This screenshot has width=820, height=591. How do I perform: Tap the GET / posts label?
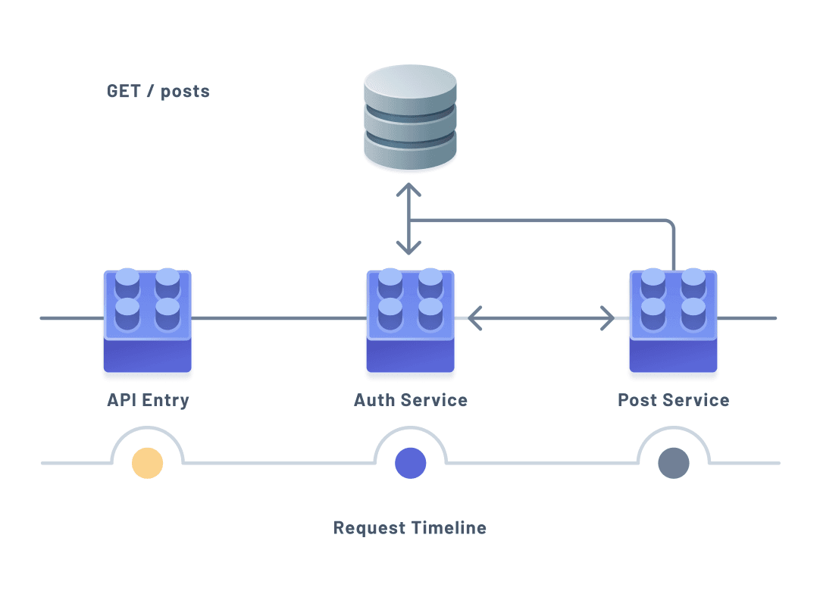158,92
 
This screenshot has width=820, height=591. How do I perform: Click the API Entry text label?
148,400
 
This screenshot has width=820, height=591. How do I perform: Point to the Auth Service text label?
410,400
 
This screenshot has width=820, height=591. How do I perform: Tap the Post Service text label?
673,400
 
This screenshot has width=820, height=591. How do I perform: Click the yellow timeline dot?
147,463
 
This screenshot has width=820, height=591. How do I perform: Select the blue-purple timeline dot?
410,463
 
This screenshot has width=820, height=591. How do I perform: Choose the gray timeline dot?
673,463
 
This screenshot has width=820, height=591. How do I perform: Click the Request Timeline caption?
410,528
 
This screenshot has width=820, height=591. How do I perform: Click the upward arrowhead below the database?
409,189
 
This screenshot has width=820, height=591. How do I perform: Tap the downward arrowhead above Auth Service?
409,248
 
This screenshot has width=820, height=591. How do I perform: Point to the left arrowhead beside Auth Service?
473,318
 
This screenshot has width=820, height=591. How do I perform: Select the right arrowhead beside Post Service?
609,318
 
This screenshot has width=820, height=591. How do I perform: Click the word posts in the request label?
185,92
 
